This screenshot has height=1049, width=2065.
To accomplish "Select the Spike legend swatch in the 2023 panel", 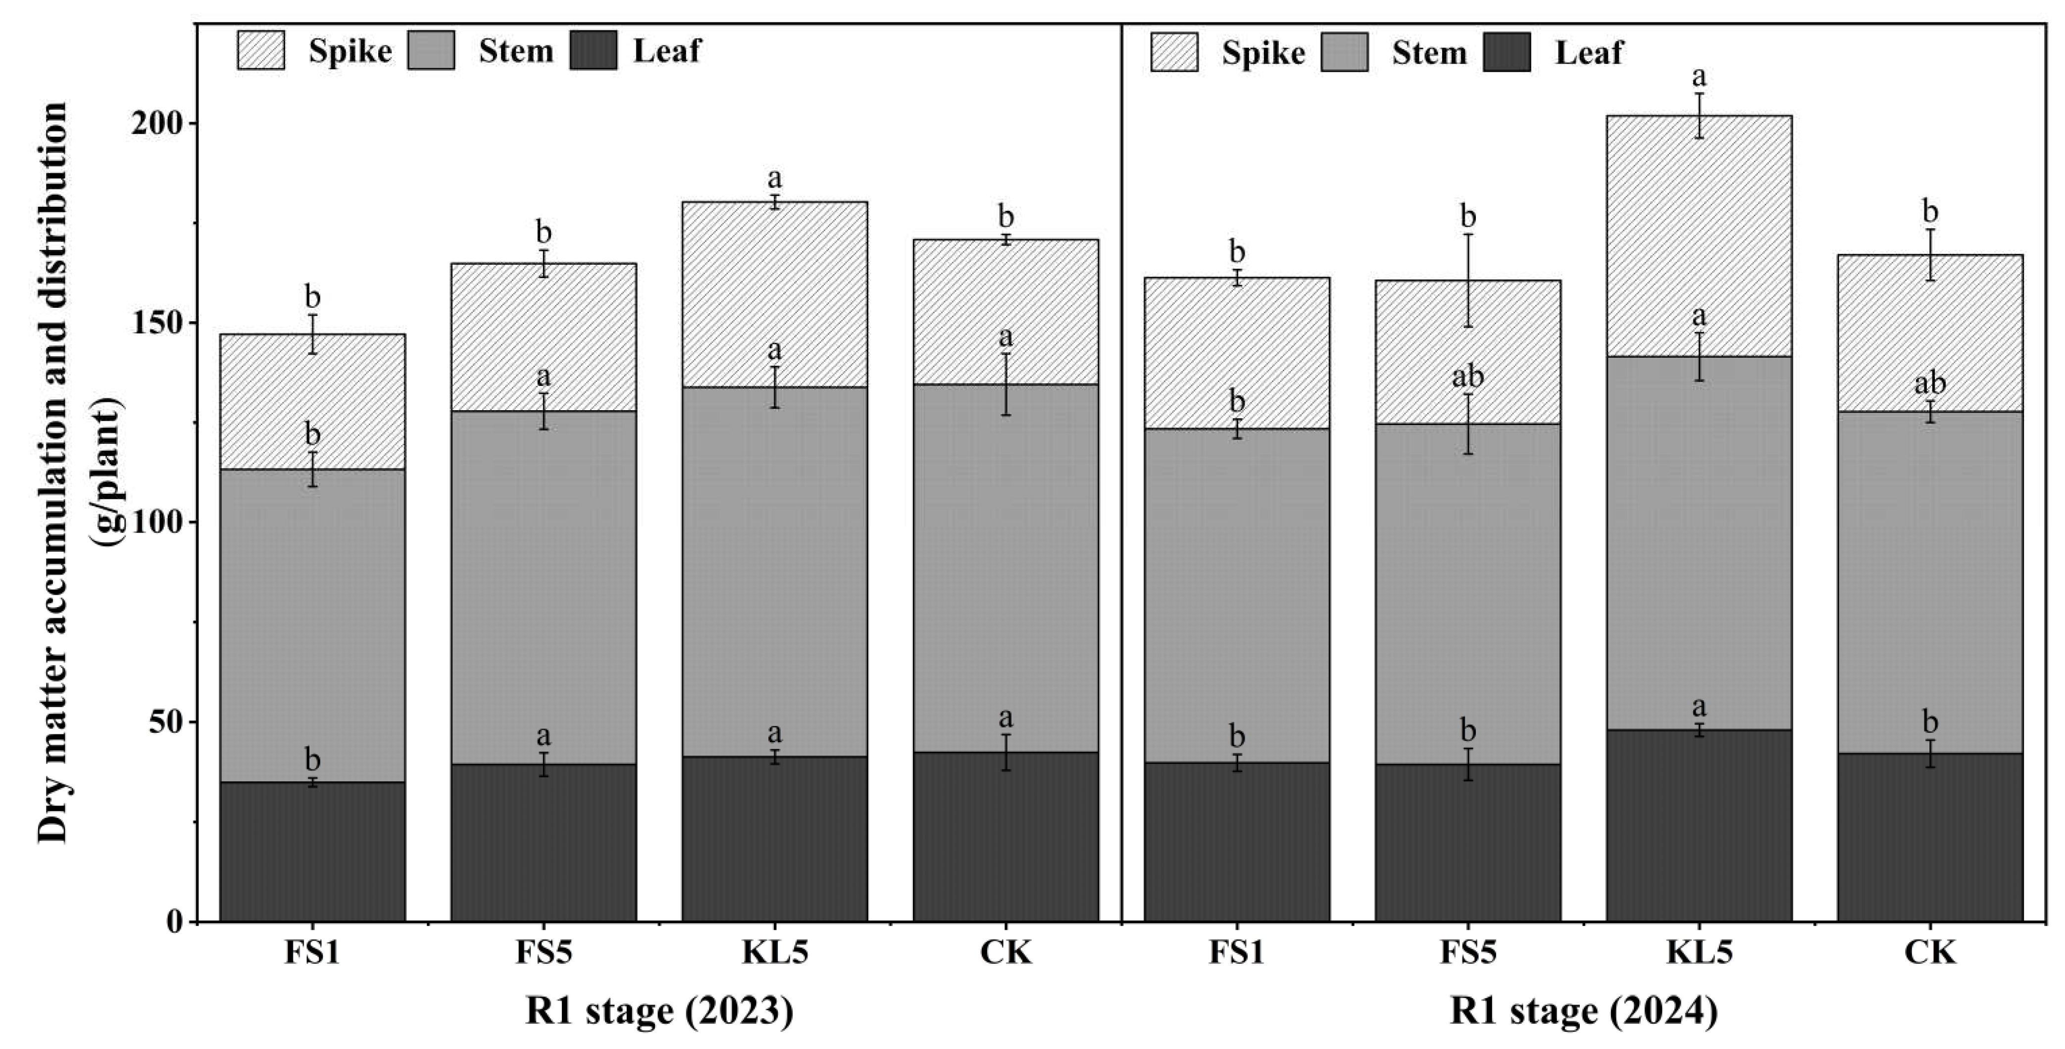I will (x=260, y=50).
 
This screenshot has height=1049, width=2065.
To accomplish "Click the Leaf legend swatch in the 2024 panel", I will (x=1506, y=52).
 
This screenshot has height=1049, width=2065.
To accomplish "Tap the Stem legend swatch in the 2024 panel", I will (x=1344, y=52).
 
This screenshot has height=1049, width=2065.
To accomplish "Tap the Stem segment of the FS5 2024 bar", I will (x=1468, y=593).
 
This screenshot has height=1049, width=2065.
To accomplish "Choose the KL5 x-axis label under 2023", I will (x=774, y=952).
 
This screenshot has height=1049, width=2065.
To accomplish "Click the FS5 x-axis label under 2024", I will (x=1468, y=952).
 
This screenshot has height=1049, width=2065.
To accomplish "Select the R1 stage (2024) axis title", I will (x=1583, y=1011).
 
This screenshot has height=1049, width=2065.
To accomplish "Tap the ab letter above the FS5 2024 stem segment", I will (x=1468, y=376).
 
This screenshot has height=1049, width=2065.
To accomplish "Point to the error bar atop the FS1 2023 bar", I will (x=312, y=334).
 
